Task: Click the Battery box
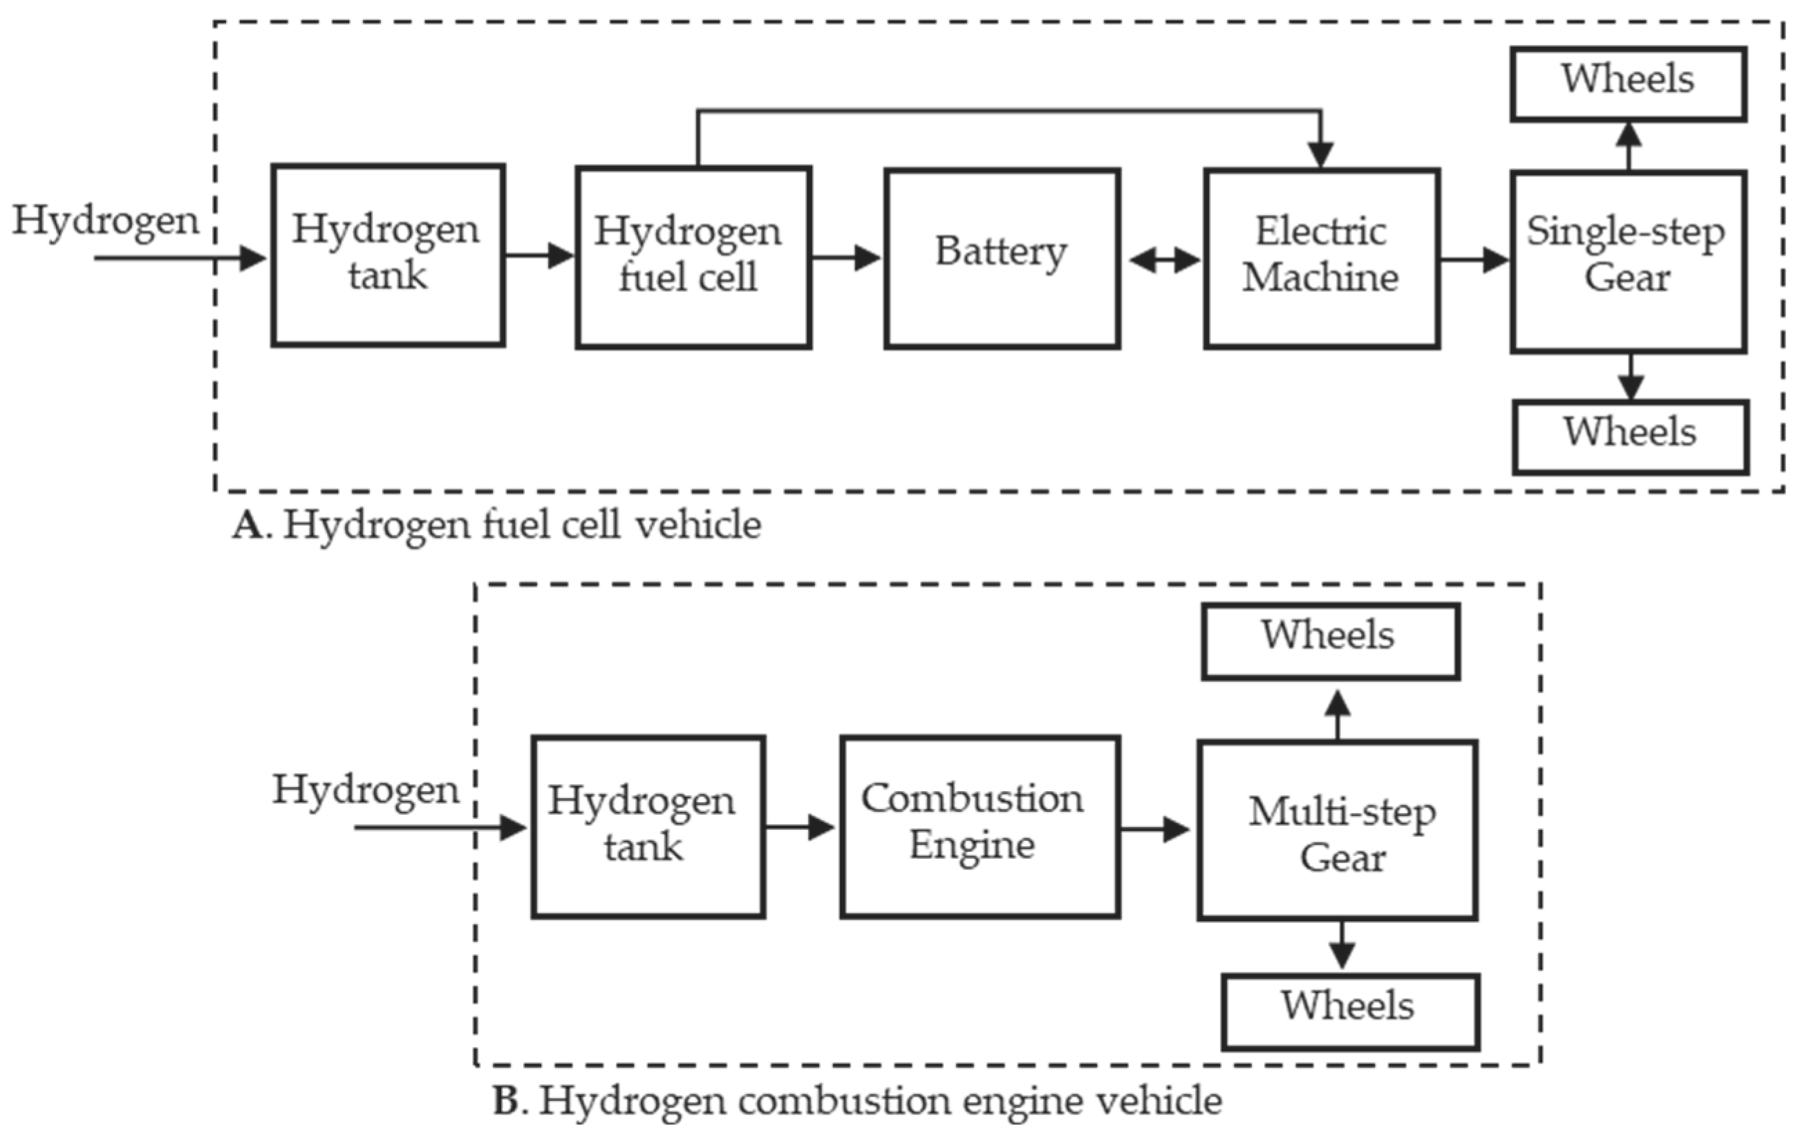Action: [1002, 258]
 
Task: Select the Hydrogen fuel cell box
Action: [693, 258]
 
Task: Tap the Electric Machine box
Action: [1321, 258]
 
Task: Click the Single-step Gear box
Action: [1628, 261]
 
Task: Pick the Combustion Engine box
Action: [979, 826]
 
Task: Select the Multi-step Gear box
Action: [1338, 830]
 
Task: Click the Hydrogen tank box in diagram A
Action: [387, 255]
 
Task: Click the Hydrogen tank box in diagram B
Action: [647, 826]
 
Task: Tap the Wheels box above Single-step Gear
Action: [1628, 83]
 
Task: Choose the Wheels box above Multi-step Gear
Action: [1330, 641]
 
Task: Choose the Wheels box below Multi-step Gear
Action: [1350, 1011]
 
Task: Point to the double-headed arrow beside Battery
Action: [1164, 260]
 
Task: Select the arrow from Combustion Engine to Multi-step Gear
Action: [1156, 828]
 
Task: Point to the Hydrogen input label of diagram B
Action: [365, 789]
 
